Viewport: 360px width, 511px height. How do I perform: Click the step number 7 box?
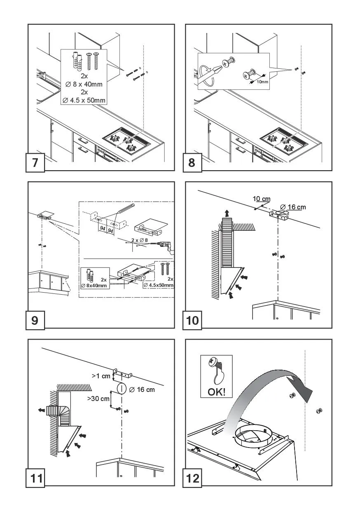tap(35, 162)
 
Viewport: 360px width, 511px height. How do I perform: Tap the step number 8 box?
tap(192, 162)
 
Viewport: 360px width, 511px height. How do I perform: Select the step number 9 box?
tap(35, 320)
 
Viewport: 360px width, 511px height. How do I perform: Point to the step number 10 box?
tap(192, 320)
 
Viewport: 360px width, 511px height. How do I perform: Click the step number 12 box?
tap(192, 478)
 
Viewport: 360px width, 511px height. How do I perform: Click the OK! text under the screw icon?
tap(216, 391)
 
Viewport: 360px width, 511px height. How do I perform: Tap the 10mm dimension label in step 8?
tap(262, 82)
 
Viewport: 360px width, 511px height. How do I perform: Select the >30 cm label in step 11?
tap(98, 398)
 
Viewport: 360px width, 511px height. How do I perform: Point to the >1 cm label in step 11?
tap(101, 375)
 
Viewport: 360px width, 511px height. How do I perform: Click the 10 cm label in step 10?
tap(261, 199)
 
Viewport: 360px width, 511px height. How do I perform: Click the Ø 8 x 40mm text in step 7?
tap(84, 84)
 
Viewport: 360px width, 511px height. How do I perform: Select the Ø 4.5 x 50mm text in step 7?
tap(84, 100)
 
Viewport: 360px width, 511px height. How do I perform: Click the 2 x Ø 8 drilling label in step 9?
tap(139, 240)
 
